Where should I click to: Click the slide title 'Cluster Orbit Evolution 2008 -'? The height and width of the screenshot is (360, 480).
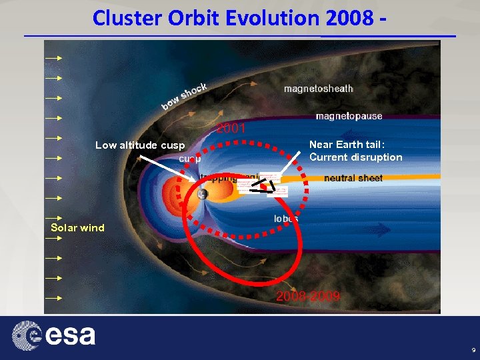[239, 18]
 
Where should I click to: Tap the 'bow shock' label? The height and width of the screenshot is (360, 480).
[185, 97]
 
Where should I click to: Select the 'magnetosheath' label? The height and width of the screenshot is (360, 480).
[318, 89]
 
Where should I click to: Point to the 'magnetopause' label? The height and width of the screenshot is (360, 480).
[349, 116]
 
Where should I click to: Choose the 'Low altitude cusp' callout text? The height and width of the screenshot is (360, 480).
[140, 145]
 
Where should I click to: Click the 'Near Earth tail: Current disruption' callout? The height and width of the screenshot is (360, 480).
[355, 151]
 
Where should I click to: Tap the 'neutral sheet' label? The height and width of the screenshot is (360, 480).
[353, 178]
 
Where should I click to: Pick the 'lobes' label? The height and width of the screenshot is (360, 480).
[286, 219]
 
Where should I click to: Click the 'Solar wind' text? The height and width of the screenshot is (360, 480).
[78, 228]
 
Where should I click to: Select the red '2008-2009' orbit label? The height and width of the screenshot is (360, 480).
[308, 296]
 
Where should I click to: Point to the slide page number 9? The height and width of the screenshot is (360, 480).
[473, 350]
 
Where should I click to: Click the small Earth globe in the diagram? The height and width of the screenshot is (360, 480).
[202, 194]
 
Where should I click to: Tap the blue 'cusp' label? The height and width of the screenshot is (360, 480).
[191, 159]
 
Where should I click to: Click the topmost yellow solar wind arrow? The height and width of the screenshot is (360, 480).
[53, 59]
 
